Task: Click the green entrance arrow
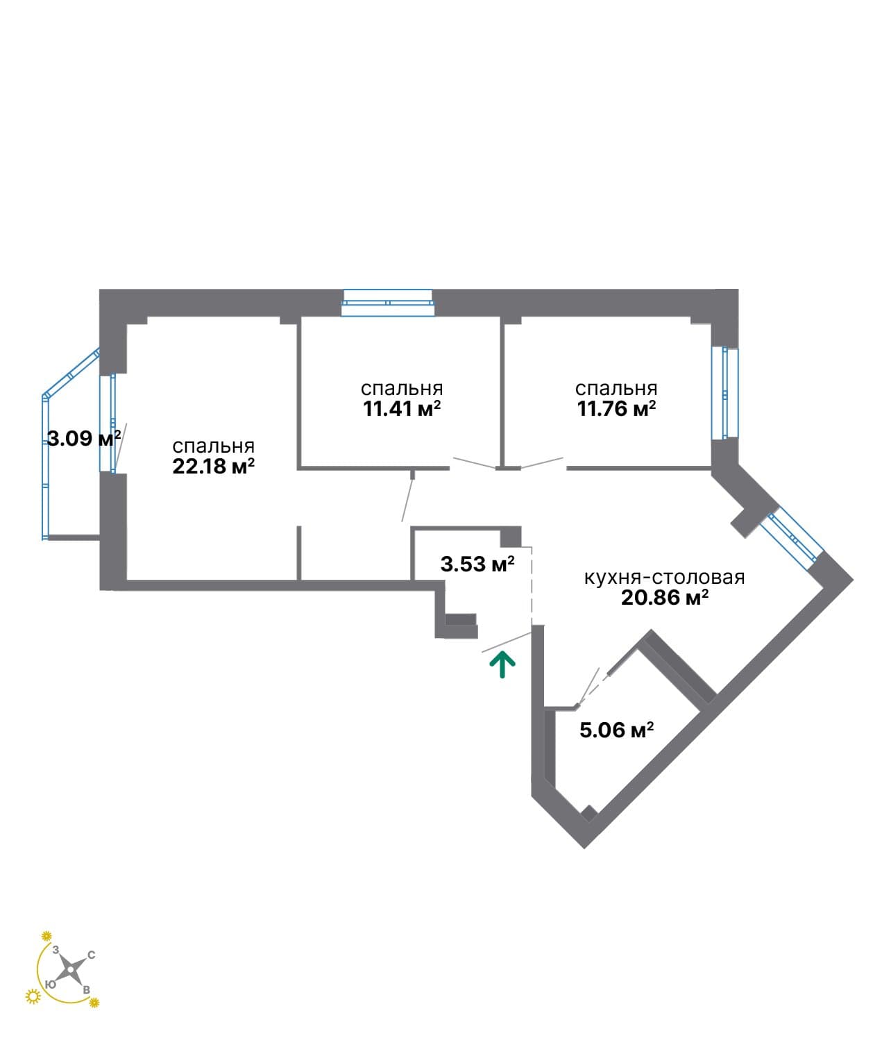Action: point(502,665)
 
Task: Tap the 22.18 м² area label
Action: point(213,467)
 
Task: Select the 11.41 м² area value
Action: point(402,409)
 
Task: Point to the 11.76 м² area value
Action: point(616,409)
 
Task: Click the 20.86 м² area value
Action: point(665,598)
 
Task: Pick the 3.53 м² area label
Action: point(477,564)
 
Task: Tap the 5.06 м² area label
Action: point(616,730)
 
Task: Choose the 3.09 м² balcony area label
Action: point(84,438)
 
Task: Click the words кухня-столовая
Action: point(664,578)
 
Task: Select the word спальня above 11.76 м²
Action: point(616,389)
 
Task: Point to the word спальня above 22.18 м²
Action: point(213,446)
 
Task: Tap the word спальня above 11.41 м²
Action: point(402,389)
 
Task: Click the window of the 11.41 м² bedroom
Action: point(388,303)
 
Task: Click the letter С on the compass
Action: point(92,955)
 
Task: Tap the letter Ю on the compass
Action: point(50,985)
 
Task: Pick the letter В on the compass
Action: point(86,990)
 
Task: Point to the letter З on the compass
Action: point(56,949)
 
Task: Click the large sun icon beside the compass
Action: point(33,996)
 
